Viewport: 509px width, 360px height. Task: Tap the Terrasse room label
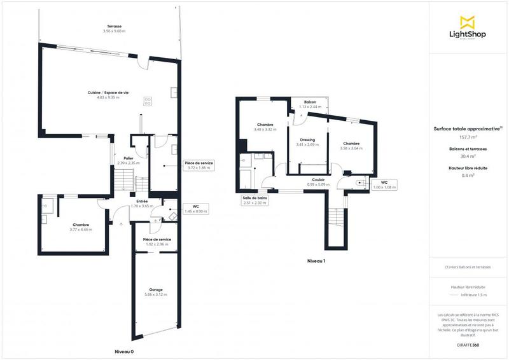(x=115, y=26)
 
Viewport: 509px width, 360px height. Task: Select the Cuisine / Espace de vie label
(x=108, y=93)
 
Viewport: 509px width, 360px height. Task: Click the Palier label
(x=128, y=158)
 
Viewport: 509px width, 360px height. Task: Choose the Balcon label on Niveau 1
(x=310, y=102)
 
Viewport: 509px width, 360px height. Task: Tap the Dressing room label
(x=308, y=140)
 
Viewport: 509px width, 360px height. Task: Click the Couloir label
(x=319, y=180)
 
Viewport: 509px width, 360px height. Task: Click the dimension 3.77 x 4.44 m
(x=81, y=229)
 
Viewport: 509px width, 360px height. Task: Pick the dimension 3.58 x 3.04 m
(x=351, y=148)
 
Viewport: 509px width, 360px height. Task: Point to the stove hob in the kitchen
(x=148, y=100)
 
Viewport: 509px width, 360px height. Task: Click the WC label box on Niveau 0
(x=195, y=208)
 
